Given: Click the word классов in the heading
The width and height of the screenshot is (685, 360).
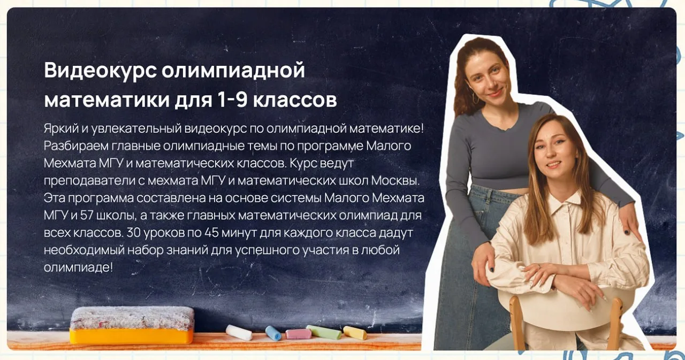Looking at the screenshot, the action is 295,100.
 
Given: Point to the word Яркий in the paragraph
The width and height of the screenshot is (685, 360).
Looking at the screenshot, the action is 61,129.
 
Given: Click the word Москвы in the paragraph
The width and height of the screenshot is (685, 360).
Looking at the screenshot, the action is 395,181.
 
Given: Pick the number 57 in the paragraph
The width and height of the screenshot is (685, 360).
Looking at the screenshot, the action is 87,216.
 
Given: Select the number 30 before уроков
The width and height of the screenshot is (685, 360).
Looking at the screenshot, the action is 133,233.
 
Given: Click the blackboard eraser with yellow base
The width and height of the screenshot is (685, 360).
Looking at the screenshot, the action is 132,325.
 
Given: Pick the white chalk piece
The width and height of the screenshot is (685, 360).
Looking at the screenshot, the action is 239,333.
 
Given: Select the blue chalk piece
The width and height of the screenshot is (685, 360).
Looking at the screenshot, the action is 273,333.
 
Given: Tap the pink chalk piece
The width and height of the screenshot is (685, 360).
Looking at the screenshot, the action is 298,334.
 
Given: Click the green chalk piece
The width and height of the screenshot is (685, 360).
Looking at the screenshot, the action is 324,332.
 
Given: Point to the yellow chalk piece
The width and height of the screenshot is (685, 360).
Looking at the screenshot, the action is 355,333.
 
